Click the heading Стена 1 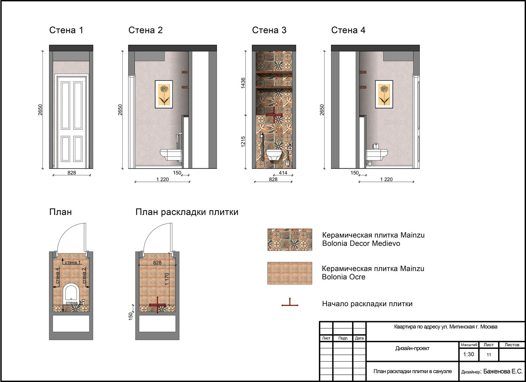click(66, 30)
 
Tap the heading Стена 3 click(269, 30)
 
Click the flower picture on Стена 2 click(164, 94)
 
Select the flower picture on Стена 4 click(384, 94)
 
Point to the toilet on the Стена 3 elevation click(274, 155)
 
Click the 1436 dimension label click(243, 83)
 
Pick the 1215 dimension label click(243, 142)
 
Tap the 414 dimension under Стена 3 click(283, 173)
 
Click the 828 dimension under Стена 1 click(72, 173)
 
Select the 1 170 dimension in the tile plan click(167, 279)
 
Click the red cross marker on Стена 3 click(274, 115)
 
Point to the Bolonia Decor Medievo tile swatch click(290, 239)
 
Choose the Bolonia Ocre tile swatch click(290, 273)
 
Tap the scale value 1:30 click(468, 354)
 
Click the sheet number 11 click(489, 355)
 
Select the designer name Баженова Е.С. click(503, 371)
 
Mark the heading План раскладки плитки click(187, 212)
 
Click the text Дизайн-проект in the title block click(412, 348)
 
